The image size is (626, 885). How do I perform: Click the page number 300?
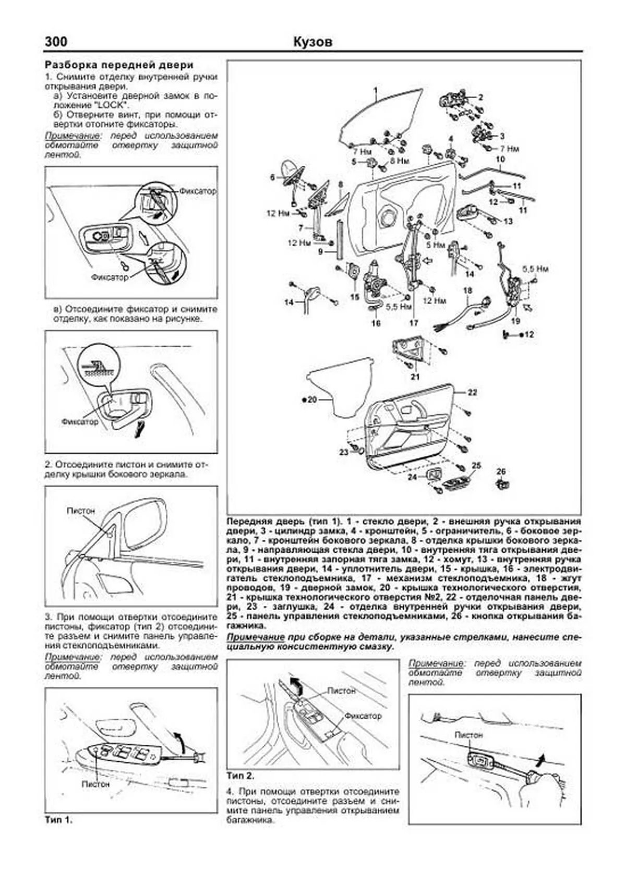(x=56, y=42)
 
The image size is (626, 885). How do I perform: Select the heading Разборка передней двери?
(x=119, y=65)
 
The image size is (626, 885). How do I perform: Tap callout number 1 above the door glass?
(x=374, y=91)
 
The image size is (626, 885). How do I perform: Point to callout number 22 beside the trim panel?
(x=472, y=392)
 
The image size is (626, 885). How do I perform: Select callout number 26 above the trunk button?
(x=501, y=471)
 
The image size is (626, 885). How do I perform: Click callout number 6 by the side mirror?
(x=272, y=177)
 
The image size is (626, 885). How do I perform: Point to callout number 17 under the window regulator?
(x=414, y=323)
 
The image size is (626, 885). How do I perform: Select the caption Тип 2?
(x=241, y=775)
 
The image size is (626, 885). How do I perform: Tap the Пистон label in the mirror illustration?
(x=81, y=511)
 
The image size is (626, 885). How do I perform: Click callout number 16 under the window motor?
(x=376, y=323)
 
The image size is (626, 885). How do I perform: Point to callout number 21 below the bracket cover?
(x=415, y=377)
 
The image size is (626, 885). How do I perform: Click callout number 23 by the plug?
(x=343, y=452)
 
